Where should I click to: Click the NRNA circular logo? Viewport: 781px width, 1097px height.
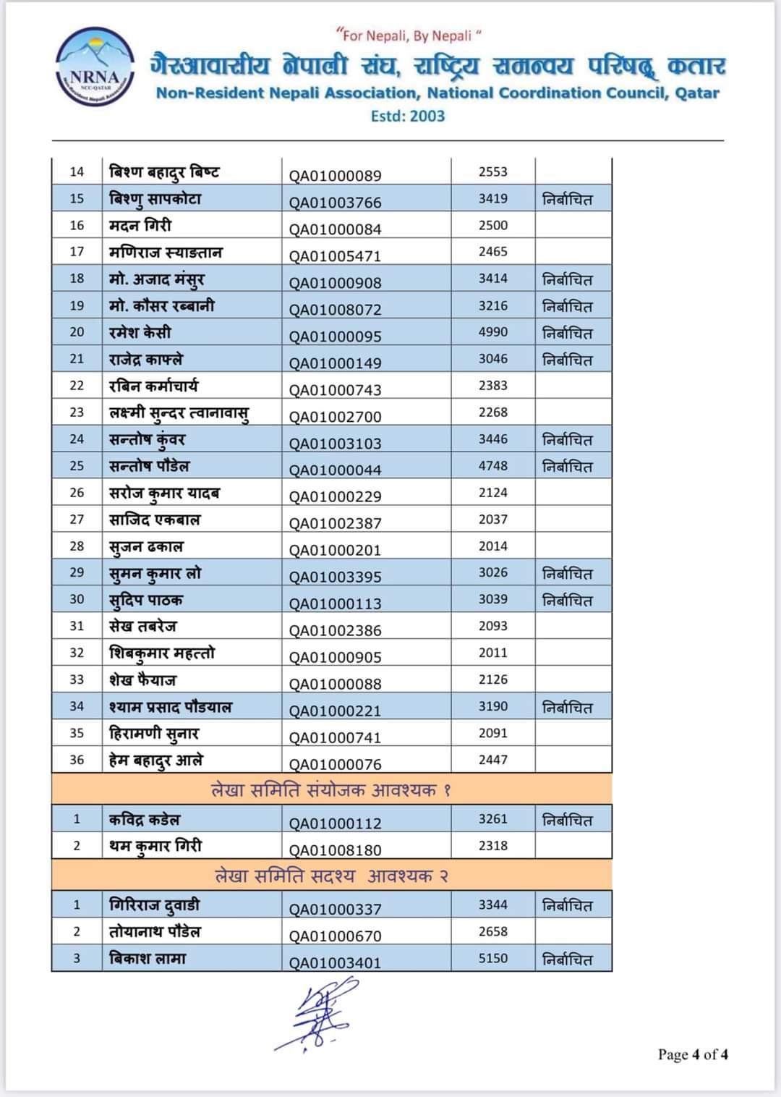tap(95, 67)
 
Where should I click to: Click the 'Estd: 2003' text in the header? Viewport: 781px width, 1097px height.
tap(408, 116)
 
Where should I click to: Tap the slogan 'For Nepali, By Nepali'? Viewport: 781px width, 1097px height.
tap(409, 35)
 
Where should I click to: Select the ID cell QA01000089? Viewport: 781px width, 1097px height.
tap(335, 175)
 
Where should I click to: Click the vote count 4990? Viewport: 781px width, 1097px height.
tap(493, 332)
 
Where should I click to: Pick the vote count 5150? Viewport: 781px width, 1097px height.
tap(493, 958)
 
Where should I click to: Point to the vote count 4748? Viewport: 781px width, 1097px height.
tap(493, 466)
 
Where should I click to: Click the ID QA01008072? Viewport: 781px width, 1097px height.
tap(335, 309)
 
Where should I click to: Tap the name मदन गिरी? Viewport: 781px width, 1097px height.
tap(140, 225)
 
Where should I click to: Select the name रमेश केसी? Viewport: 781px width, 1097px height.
tap(140, 332)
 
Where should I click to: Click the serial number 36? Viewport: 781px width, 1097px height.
tap(77, 760)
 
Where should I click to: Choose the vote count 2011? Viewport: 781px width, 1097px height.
tap(493, 653)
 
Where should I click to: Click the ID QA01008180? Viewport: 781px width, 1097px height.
tap(335, 850)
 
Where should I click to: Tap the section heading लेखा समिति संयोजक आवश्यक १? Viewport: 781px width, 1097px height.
tap(331, 789)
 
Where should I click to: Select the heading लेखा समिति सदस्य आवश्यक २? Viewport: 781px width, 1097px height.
tap(331, 876)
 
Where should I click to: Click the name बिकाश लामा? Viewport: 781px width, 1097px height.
tap(148, 958)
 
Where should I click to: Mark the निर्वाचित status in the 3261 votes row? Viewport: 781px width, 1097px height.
tap(568, 820)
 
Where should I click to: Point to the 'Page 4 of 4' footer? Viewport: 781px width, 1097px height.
tap(692, 1054)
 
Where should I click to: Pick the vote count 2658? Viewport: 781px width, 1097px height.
tap(493, 931)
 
